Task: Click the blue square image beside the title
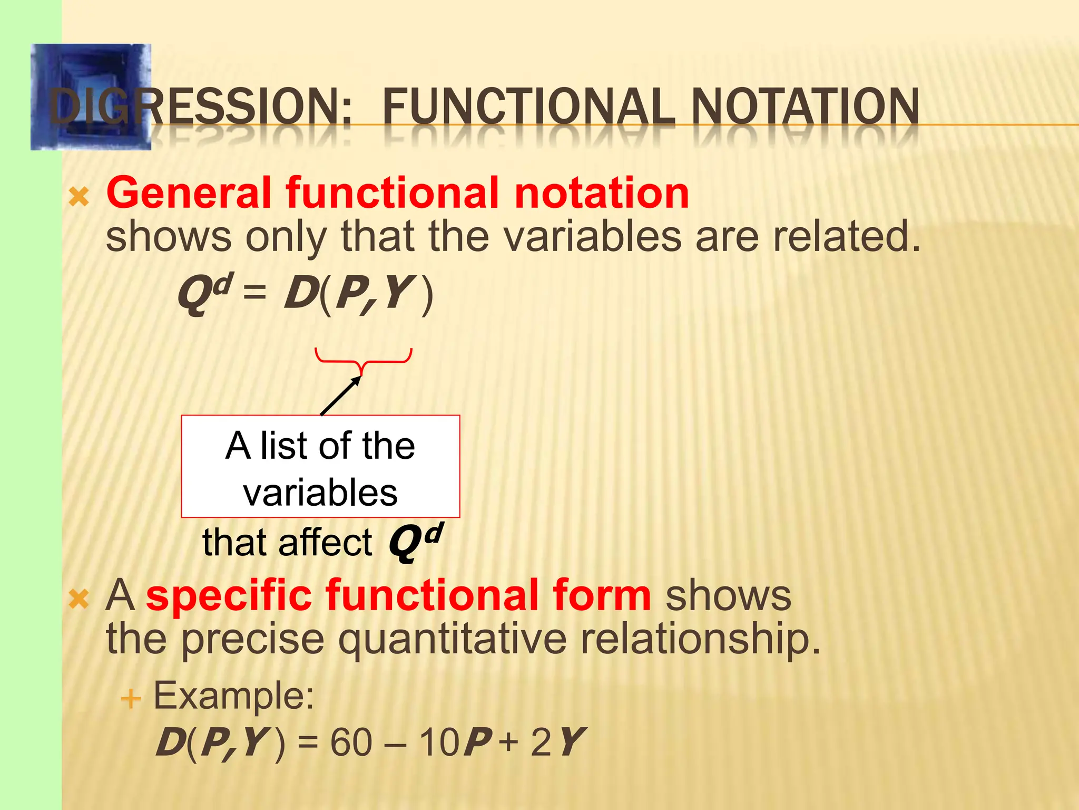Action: [91, 97]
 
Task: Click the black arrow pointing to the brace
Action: [340, 396]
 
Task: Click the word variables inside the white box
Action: [320, 493]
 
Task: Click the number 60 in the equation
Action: [351, 742]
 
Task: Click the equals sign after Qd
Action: [255, 292]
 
